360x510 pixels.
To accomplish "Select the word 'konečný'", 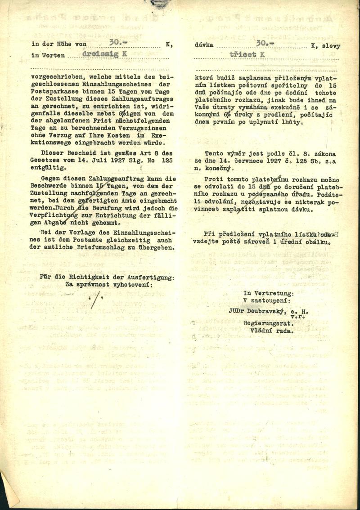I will click(217, 168).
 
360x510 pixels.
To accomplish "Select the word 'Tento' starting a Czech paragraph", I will click(214, 153).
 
